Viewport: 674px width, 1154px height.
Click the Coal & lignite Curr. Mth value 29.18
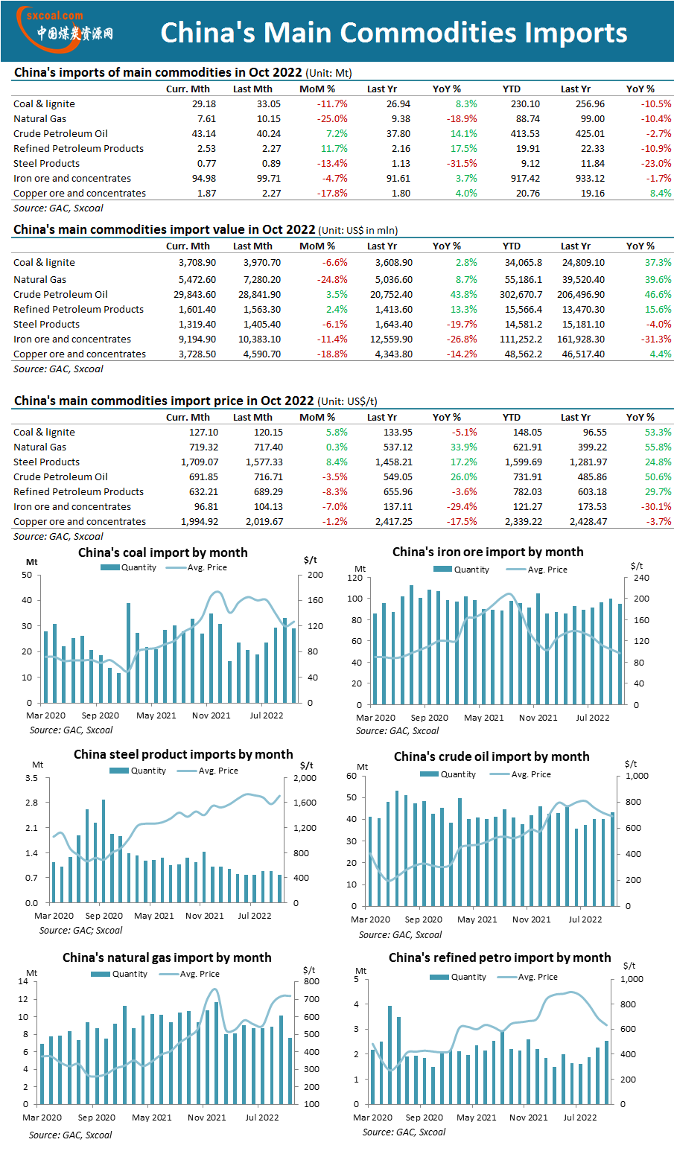coord(204,104)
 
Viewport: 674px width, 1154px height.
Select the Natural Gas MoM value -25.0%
coord(332,119)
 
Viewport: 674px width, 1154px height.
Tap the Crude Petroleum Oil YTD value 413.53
coord(525,134)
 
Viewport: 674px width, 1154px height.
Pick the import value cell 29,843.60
coord(195,295)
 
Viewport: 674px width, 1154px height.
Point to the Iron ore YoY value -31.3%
coord(656,339)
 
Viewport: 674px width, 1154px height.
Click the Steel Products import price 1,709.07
coord(200,462)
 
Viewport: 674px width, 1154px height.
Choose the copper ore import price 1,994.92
coord(200,522)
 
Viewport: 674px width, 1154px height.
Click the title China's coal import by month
coord(163,552)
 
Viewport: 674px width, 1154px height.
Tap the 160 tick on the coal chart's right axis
coord(315,600)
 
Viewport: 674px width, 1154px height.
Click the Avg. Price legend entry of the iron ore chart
coord(537,570)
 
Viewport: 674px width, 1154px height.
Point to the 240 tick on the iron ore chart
coord(641,578)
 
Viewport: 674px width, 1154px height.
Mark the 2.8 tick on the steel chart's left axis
coord(31,803)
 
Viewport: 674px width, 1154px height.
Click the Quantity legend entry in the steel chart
coord(138,771)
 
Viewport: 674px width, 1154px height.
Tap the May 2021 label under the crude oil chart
coord(477,919)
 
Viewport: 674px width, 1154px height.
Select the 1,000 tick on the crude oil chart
coord(637,776)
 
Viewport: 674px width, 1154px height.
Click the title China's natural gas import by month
coord(167,957)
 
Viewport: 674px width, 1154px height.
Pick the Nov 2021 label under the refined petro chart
coord(528,1118)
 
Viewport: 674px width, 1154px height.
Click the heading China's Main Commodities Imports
coord(394,33)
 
